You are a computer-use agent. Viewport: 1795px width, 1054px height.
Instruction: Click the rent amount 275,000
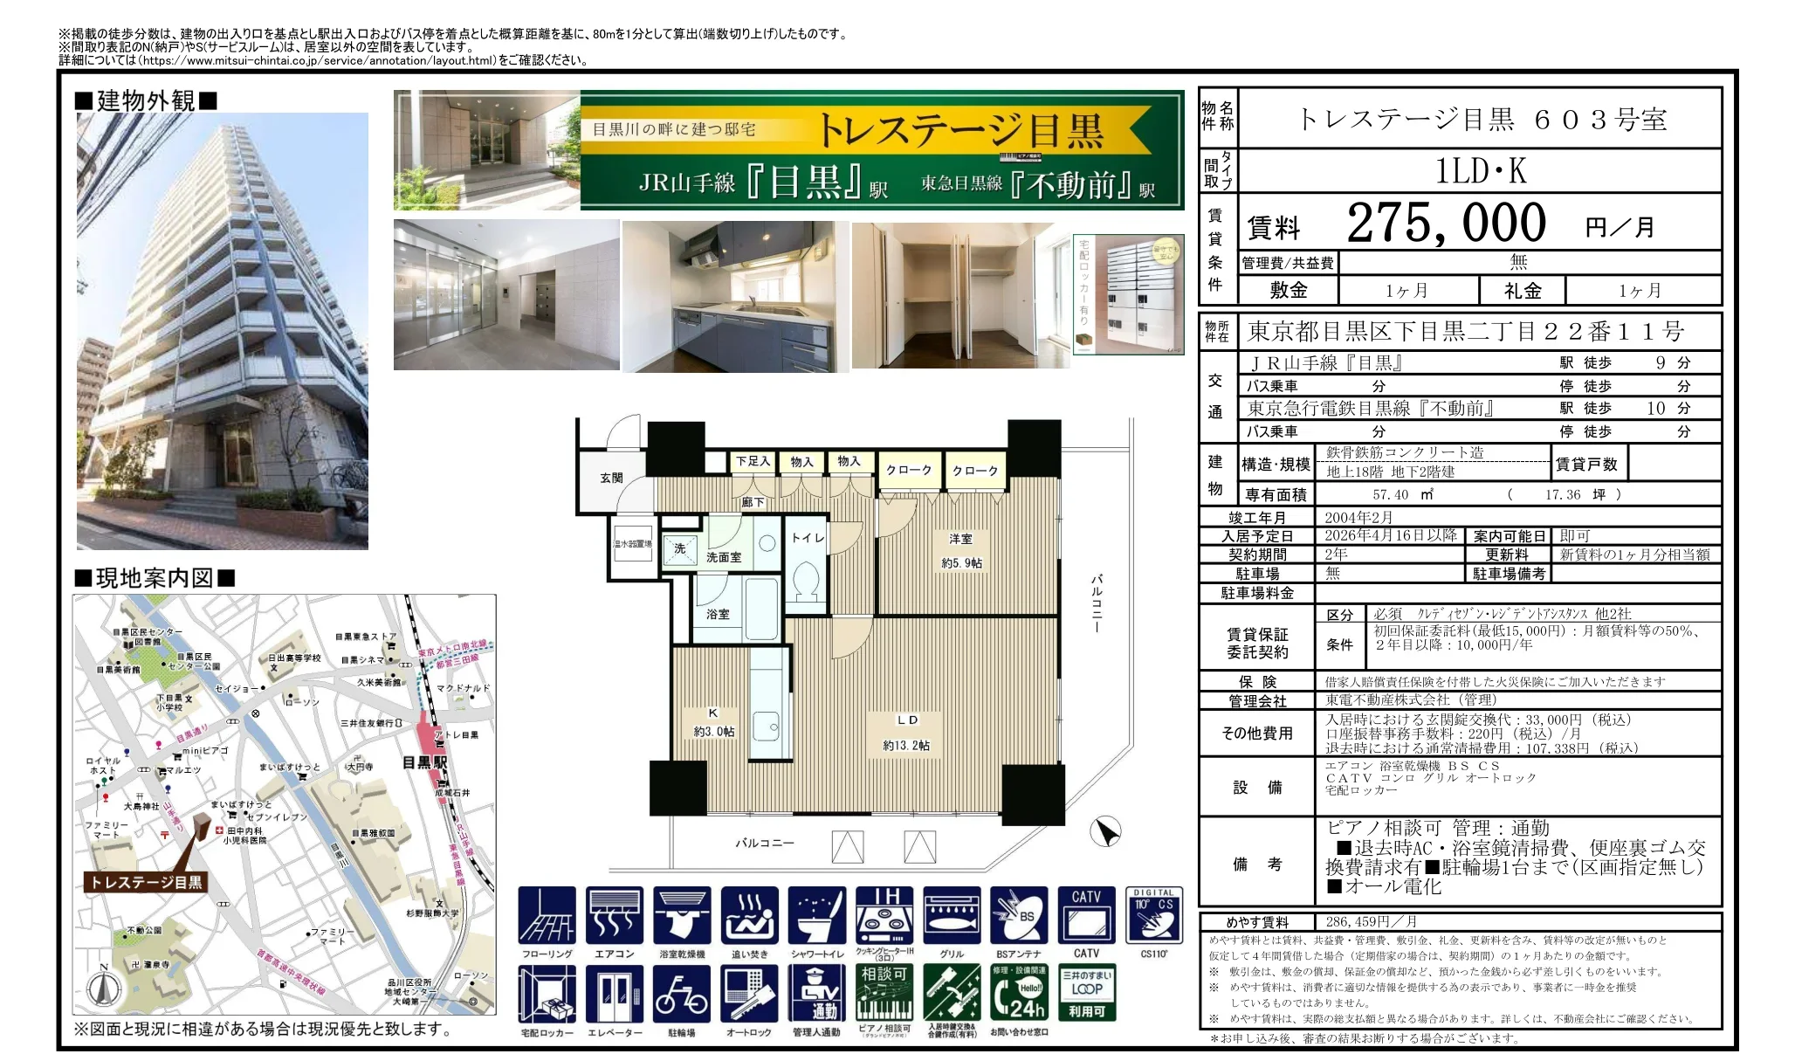tap(1446, 224)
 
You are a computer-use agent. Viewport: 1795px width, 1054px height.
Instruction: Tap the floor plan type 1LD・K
tap(1481, 171)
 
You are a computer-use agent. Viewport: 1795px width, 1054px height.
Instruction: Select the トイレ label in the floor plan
tap(808, 538)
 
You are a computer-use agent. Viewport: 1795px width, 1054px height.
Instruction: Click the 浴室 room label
tap(718, 614)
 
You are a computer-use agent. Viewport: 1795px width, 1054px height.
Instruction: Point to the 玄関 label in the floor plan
tap(611, 478)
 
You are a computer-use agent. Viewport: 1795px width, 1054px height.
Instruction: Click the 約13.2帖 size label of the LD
tap(906, 745)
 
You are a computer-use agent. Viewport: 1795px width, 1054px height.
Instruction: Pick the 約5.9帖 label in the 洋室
tap(961, 563)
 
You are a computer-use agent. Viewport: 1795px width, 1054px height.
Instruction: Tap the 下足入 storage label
tap(753, 461)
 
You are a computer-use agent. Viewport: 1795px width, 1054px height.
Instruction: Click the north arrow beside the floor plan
tap(1106, 831)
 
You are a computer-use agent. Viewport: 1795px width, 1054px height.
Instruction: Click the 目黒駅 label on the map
tap(424, 762)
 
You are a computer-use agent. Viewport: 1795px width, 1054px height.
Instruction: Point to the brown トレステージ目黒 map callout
tap(146, 882)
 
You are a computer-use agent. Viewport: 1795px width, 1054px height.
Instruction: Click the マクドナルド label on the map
tap(463, 688)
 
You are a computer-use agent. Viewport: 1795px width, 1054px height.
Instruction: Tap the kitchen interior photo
tap(735, 297)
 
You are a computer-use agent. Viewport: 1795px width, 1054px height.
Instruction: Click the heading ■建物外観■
tap(146, 101)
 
